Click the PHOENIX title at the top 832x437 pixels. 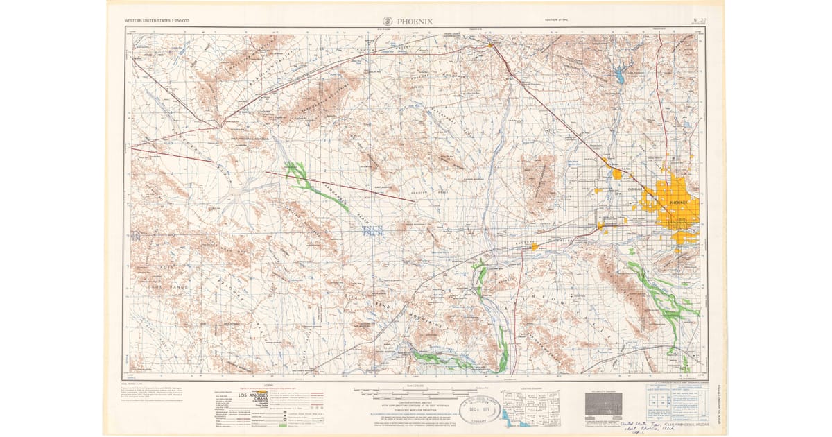click(415, 21)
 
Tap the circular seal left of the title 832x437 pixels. click(388, 21)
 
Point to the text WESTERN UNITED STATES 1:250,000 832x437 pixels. click(157, 22)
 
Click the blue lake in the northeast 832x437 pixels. click(619, 76)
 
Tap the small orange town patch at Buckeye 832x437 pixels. click(534, 246)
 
